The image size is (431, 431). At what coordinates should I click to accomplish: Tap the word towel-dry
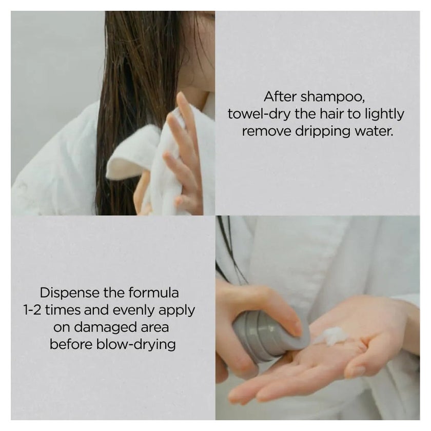(259, 114)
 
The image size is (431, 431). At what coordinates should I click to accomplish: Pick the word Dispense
(70, 293)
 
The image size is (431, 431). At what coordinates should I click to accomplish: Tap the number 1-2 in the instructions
(32, 310)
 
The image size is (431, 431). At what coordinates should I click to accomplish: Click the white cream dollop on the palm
(332, 336)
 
